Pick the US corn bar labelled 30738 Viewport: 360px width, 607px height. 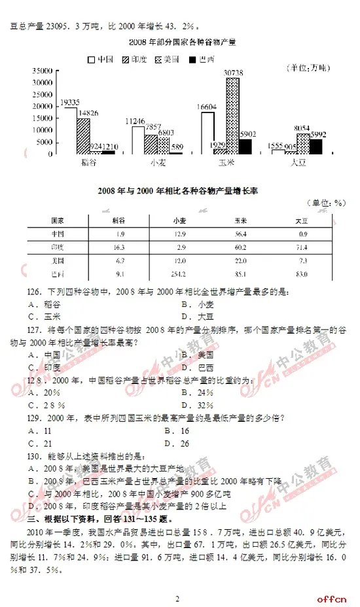point(232,115)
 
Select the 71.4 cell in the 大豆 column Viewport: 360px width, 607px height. point(302,247)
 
